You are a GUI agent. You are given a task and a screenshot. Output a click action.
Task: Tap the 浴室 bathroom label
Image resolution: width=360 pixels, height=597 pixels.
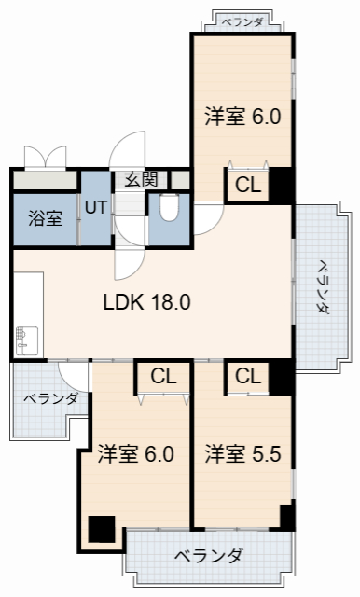click(45, 219)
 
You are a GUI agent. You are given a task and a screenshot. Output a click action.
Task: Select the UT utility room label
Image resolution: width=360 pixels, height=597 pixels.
click(95, 207)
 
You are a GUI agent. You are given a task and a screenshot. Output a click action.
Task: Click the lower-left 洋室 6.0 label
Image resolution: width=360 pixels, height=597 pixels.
click(136, 455)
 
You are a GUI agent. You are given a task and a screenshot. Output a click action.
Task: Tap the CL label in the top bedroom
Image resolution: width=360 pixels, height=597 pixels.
click(248, 185)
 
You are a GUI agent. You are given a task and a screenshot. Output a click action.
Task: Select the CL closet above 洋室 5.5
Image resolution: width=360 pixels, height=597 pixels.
click(248, 377)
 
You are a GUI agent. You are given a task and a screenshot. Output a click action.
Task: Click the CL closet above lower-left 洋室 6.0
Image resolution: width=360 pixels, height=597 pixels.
click(164, 377)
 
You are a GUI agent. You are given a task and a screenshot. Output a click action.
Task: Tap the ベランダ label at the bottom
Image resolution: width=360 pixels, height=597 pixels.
click(209, 557)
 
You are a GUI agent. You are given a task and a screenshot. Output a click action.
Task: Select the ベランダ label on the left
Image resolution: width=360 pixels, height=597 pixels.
click(50, 399)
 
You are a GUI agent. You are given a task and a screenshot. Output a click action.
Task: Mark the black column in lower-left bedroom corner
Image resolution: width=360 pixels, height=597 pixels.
click(100, 529)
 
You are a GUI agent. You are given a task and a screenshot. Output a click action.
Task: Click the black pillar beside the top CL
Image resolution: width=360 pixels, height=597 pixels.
click(282, 185)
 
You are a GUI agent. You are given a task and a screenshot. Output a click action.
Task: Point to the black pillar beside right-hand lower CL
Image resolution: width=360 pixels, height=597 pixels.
click(282, 377)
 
